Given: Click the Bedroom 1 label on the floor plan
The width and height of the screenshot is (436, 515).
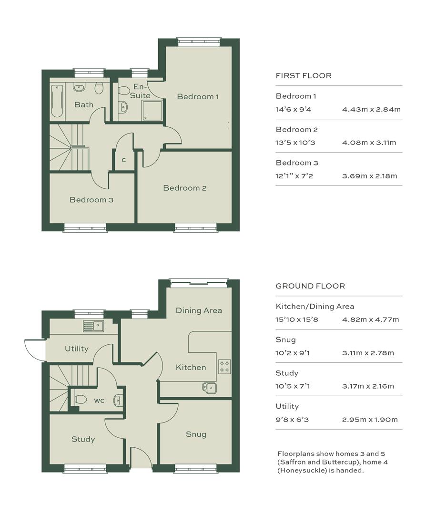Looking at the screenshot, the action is coord(198,96).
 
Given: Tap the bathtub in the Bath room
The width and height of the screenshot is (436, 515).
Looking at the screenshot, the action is coord(57,101).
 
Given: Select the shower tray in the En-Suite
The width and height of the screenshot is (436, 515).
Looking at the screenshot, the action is coord(152,110).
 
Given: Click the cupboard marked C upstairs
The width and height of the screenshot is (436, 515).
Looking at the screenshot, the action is coord(124,160).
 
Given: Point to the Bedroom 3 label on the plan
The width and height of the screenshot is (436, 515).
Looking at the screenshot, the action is coord(91,200).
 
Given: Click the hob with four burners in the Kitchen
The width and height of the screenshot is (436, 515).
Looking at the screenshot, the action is coord(224,367).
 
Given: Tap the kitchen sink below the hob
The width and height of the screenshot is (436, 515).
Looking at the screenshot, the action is coord(210,388).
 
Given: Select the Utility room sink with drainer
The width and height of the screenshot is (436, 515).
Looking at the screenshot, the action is coord(93,326).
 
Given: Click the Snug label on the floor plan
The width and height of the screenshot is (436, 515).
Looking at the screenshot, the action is coord(196,434).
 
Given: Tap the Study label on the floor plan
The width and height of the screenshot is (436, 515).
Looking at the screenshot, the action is coord(83,440).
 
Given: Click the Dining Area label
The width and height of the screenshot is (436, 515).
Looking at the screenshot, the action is coord(199,310).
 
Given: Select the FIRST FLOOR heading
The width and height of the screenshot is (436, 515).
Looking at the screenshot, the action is coord(304,76).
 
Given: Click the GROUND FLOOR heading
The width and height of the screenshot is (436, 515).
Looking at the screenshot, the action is coord(310,286).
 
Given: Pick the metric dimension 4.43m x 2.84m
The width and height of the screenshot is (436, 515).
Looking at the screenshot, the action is coord(371,109).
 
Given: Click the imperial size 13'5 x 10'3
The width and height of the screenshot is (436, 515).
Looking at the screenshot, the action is coord(295,143).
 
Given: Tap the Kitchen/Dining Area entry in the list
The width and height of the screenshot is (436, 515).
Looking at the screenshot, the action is coord(315,307).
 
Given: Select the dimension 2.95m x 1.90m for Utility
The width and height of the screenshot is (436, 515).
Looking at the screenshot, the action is coord(370,420).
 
